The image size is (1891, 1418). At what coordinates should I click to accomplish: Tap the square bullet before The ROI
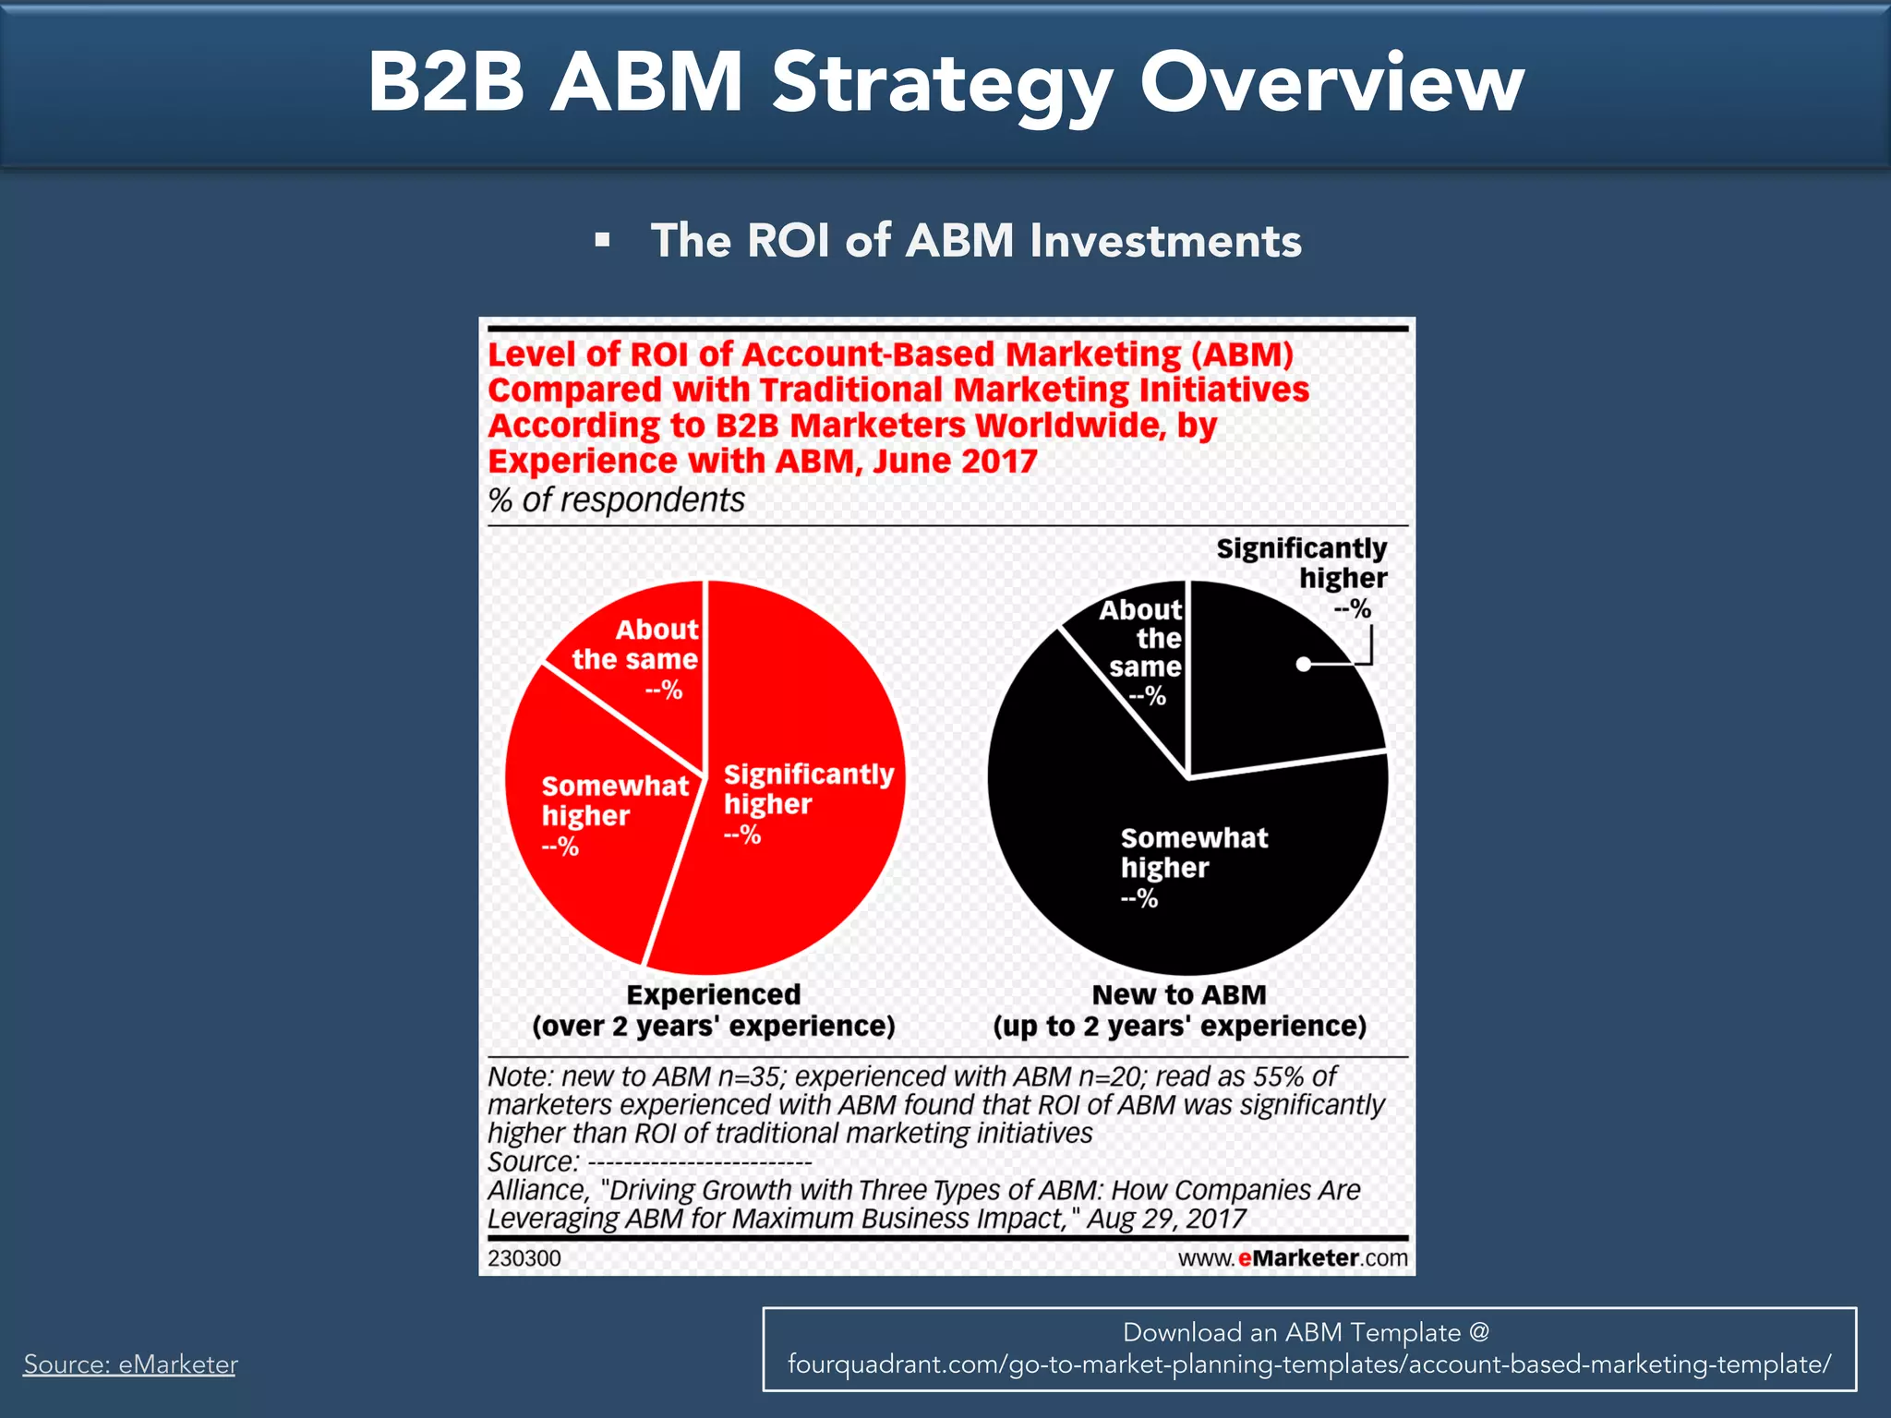click(603, 241)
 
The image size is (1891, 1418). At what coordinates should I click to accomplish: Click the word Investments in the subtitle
click(1165, 241)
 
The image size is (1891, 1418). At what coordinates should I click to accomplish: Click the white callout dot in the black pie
click(1303, 664)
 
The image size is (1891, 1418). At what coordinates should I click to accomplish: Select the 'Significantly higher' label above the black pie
click(1302, 563)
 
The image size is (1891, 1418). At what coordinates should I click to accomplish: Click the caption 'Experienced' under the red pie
click(713, 994)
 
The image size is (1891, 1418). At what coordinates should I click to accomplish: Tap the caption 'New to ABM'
click(1178, 994)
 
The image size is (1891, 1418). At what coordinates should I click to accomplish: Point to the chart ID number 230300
click(524, 1258)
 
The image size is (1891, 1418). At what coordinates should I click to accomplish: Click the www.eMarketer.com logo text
click(1293, 1258)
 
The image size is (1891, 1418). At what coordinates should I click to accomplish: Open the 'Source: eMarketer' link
click(130, 1364)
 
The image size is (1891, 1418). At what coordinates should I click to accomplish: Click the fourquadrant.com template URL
click(1308, 1364)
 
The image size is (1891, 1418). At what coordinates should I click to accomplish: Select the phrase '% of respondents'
click(616, 500)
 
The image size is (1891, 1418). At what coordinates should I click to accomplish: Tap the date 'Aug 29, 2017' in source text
click(1166, 1219)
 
